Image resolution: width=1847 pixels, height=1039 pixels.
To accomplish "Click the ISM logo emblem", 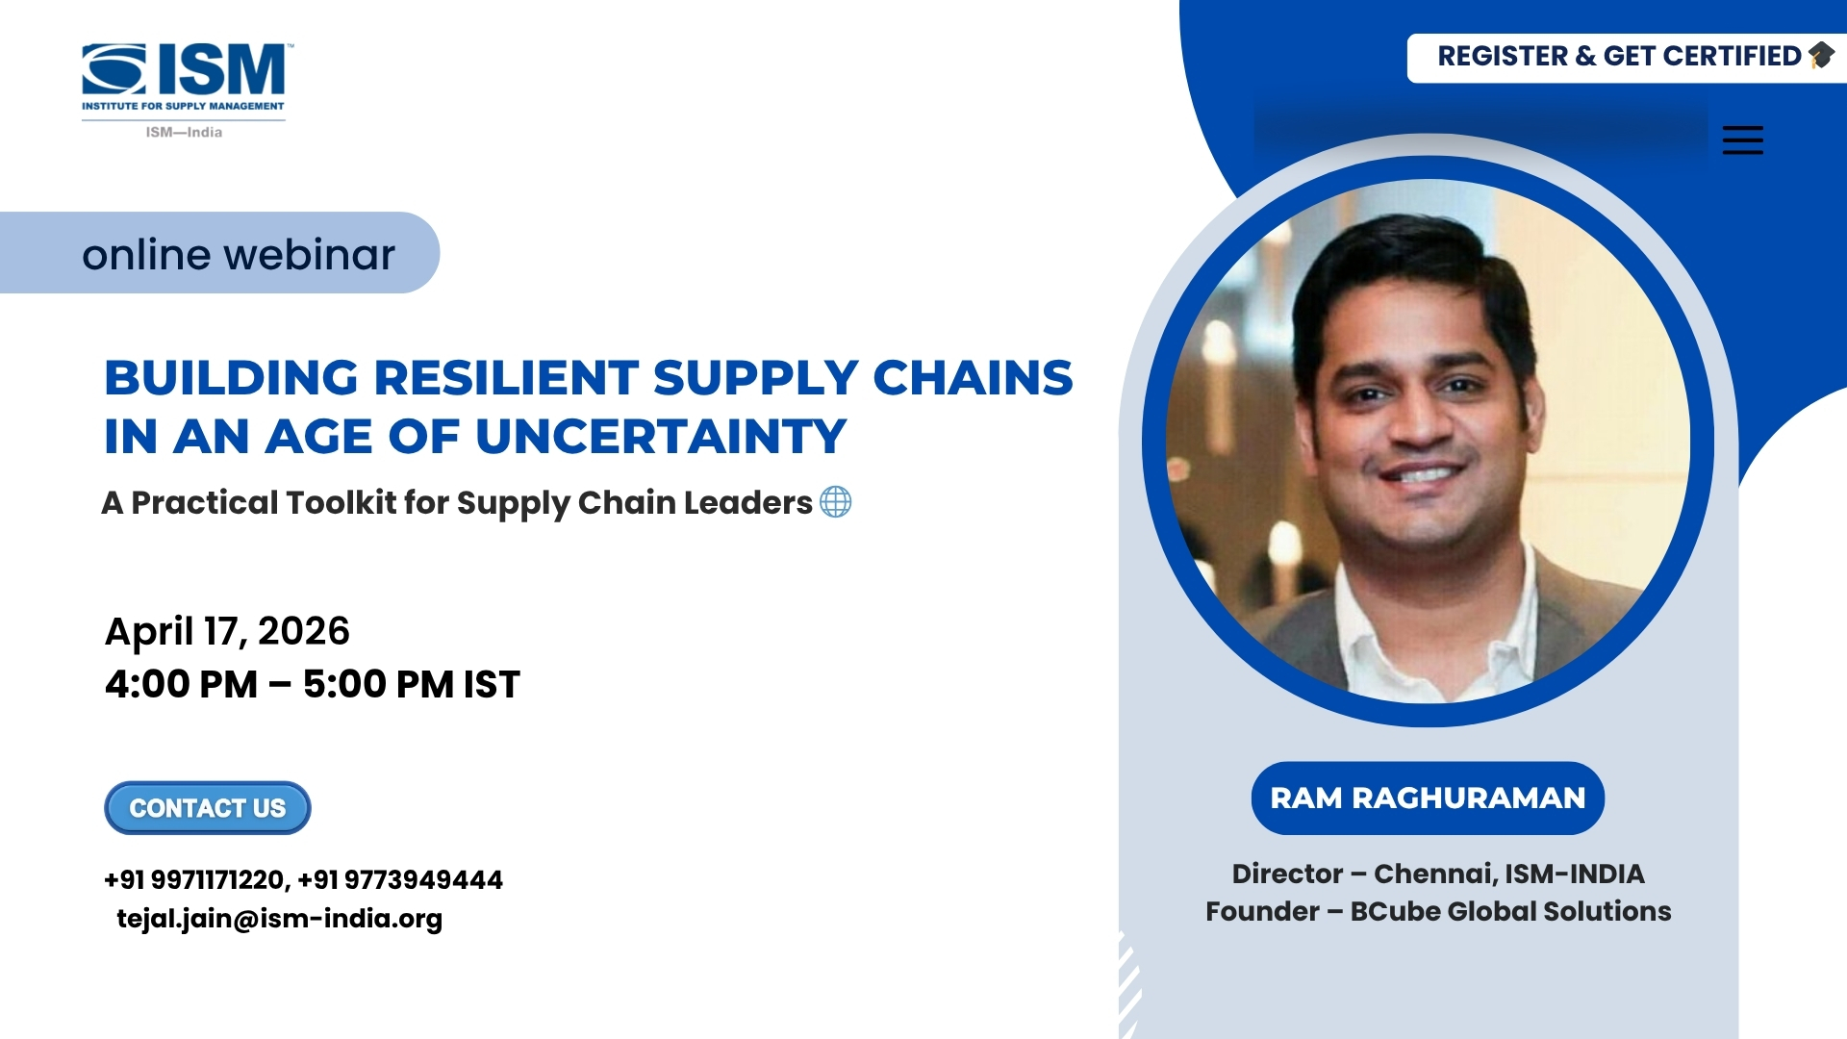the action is coord(114,69).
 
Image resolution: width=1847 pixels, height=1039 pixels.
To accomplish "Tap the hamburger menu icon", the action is coord(1742,140).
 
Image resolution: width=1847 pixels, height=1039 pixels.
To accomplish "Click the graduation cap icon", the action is coord(1821,56).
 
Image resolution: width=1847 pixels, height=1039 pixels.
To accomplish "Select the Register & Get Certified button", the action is coord(1627,58).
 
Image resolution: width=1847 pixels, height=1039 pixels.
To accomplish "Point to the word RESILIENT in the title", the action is coord(506,377).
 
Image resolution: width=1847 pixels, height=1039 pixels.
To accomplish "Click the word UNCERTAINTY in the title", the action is coord(661,437).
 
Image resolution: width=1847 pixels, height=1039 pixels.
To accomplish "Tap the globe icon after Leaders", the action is coord(835,502).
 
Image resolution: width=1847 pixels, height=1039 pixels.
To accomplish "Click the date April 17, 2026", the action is coord(227,631).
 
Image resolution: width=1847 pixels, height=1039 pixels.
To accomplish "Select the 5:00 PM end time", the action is coord(380,684).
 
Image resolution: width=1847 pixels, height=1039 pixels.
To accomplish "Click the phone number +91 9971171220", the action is coord(194,879).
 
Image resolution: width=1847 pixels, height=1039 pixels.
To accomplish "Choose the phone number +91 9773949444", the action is coord(400,879).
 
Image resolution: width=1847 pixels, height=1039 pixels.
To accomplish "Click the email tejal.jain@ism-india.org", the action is coord(279,919).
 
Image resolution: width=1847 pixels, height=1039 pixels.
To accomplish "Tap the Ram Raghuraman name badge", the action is coord(1428,798).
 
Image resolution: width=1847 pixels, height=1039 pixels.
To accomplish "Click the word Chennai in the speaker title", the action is coord(1434,874).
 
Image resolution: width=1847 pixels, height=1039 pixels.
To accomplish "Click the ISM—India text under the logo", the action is coord(184,133).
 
